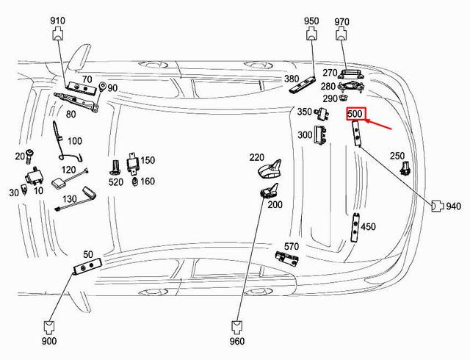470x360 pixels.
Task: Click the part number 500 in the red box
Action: (x=355, y=114)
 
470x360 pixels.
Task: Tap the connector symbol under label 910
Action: (x=57, y=34)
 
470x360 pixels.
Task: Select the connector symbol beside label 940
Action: (x=438, y=206)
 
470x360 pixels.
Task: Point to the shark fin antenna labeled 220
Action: (x=270, y=170)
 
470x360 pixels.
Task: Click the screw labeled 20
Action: (x=29, y=156)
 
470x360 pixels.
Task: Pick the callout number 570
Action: (x=292, y=246)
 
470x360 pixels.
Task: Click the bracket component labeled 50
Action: (x=87, y=265)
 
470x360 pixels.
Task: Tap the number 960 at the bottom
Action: (x=237, y=341)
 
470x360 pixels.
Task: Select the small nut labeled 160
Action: (x=135, y=181)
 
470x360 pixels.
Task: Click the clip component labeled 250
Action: (x=405, y=168)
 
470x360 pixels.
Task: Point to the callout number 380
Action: (x=292, y=79)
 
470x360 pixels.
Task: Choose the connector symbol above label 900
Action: (x=49, y=327)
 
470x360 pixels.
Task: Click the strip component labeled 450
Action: (x=355, y=228)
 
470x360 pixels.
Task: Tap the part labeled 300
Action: (x=320, y=135)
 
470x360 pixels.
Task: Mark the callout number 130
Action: (x=70, y=199)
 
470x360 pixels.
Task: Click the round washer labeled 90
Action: (x=102, y=87)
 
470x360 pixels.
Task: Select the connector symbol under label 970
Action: (x=341, y=34)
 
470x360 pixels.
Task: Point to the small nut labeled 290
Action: (x=343, y=98)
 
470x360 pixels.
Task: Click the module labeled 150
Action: (x=132, y=163)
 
